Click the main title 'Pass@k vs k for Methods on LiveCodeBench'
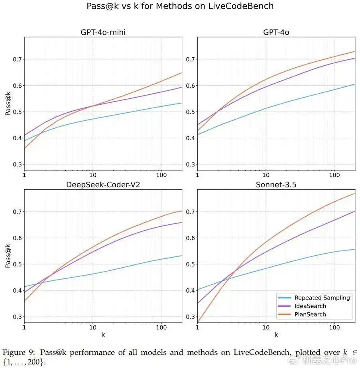(180, 6)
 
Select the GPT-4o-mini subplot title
(103, 32)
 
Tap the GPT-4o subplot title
(276, 32)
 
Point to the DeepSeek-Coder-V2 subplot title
(103, 185)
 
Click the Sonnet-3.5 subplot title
(276, 185)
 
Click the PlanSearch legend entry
(310, 314)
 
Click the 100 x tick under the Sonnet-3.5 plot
(334, 327)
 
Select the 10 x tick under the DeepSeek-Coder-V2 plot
(93, 327)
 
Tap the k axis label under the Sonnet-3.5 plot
(276, 335)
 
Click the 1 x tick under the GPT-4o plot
(197, 175)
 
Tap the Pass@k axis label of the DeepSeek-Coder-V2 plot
(8, 256)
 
